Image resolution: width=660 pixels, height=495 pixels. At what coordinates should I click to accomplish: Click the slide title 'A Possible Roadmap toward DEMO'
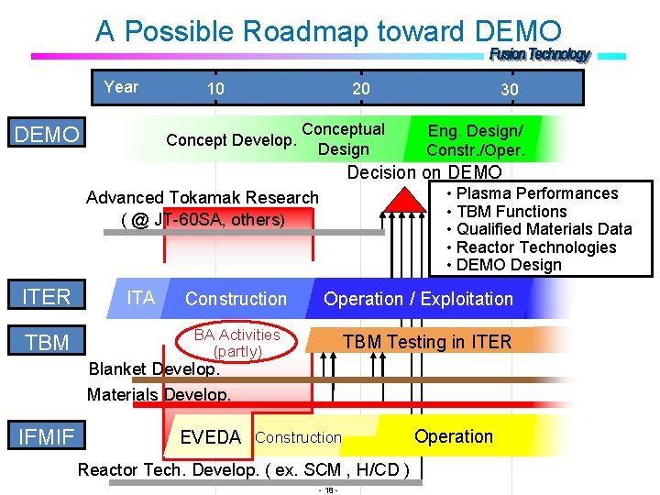click(x=328, y=31)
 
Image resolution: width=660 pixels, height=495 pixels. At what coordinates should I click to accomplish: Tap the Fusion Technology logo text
click(x=540, y=55)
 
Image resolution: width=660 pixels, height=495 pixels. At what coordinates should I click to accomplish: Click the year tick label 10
click(x=215, y=88)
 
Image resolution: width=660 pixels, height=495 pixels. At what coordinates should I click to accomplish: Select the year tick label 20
click(x=361, y=88)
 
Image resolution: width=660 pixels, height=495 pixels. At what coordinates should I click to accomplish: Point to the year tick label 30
click(x=509, y=89)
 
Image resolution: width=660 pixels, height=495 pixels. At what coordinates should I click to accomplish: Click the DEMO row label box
click(x=47, y=135)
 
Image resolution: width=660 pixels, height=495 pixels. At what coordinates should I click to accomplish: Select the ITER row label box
click(x=47, y=296)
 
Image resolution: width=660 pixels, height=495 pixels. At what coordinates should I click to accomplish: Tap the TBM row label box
click(x=47, y=343)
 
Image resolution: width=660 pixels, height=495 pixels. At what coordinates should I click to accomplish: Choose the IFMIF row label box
click(x=47, y=436)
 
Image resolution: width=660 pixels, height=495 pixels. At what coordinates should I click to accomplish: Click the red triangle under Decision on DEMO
click(x=397, y=198)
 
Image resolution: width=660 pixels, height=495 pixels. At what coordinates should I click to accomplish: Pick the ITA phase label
click(x=140, y=298)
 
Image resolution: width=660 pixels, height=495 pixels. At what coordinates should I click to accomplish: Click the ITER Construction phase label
click(x=236, y=299)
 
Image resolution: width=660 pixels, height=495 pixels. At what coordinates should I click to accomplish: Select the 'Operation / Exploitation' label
click(x=418, y=299)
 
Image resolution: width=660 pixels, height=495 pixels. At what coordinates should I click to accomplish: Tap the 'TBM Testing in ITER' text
click(x=426, y=343)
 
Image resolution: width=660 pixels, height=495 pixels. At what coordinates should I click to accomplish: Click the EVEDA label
click(x=211, y=437)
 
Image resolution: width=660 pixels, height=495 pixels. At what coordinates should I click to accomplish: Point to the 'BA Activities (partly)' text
click(x=236, y=343)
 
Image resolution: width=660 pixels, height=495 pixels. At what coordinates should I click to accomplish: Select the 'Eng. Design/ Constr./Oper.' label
click(x=476, y=140)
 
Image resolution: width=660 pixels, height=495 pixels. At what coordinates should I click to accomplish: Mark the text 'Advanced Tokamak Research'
click(x=203, y=198)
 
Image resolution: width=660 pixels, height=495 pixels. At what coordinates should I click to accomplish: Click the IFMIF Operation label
click(x=454, y=436)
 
